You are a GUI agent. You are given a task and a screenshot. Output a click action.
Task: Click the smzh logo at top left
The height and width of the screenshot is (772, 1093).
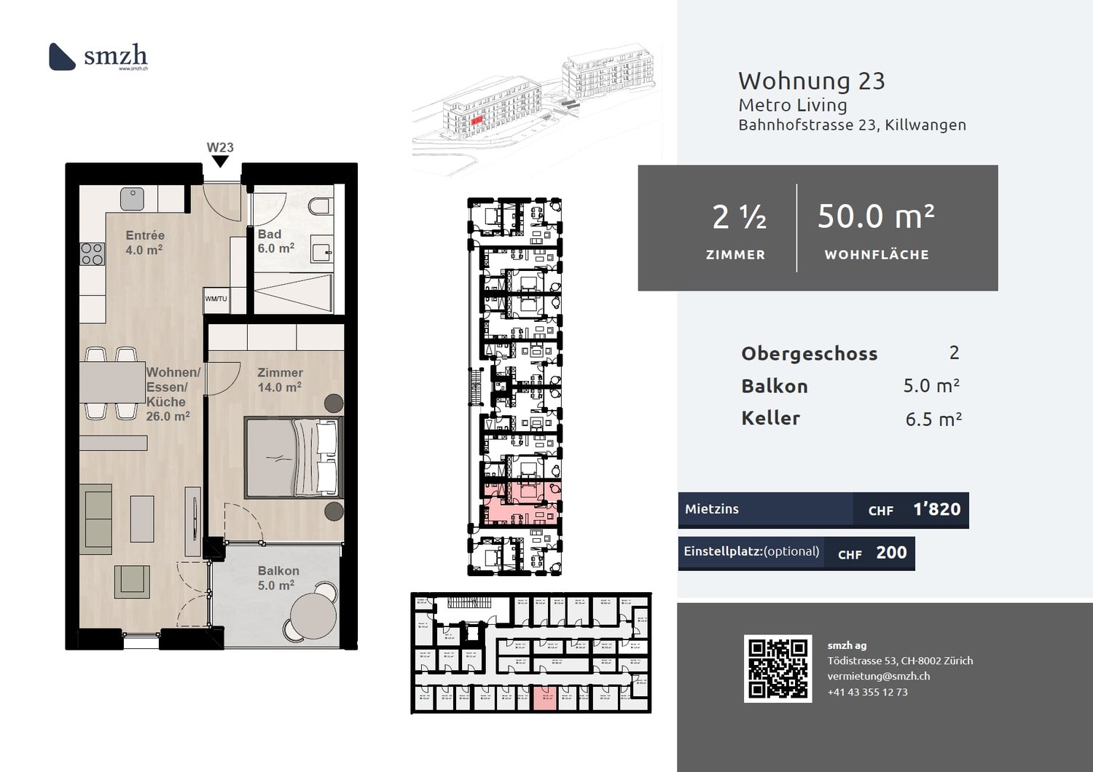(98, 56)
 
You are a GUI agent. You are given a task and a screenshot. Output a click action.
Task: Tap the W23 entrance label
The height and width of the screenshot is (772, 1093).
(220, 147)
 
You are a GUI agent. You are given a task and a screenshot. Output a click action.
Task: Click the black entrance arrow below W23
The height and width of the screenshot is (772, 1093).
(220, 162)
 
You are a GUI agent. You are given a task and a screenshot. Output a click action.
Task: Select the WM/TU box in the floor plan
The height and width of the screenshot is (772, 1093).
(216, 299)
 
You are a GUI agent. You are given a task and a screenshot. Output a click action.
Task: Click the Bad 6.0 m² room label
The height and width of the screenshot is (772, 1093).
(275, 241)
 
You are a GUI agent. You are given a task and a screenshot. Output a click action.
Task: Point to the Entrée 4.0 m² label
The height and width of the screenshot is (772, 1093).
(144, 243)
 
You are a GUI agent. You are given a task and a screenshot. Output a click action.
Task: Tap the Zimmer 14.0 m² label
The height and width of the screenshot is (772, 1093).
(280, 379)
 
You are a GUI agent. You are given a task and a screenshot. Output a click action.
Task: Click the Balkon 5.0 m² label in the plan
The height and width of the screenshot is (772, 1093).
(278, 578)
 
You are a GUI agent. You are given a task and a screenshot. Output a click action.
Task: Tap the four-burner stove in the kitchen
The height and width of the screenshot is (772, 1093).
(92, 253)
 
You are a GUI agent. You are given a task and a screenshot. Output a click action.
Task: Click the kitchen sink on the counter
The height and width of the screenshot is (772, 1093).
(132, 198)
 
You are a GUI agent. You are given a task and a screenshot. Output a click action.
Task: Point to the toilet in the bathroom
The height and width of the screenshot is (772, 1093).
(320, 205)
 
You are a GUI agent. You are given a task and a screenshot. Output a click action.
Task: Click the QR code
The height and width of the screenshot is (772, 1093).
(777, 669)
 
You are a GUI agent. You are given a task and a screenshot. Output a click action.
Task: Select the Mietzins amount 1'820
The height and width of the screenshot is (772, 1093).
(936, 509)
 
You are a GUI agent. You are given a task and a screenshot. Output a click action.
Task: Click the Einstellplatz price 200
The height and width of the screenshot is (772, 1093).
(891, 553)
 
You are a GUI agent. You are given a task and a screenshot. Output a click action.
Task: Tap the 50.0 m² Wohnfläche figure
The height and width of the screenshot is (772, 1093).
(876, 216)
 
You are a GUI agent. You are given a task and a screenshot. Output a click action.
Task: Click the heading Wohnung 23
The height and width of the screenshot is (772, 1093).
(811, 81)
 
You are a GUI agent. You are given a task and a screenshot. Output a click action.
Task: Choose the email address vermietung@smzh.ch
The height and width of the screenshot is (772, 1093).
(878, 676)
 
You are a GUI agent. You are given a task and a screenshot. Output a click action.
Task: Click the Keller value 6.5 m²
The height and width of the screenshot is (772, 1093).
(933, 420)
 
